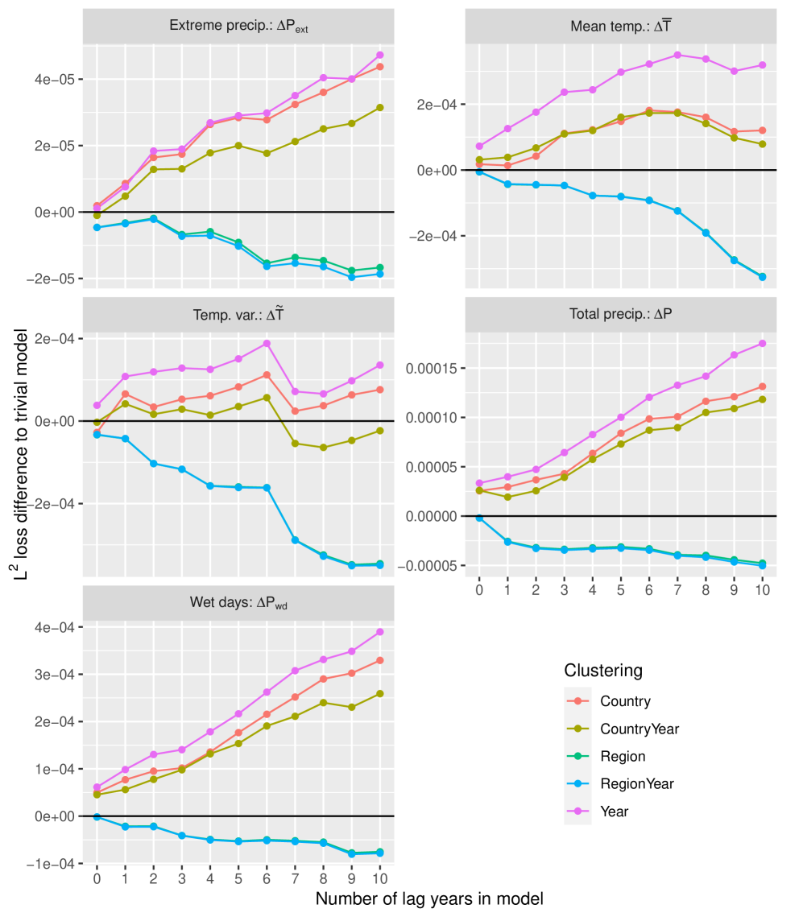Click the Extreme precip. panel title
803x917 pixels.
click(x=239, y=26)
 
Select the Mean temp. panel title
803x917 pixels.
click(x=621, y=26)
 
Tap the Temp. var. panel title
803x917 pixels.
click(x=239, y=315)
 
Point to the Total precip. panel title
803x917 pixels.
click(x=621, y=315)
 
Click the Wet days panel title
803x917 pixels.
click(x=239, y=603)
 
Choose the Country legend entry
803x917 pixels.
click(x=625, y=701)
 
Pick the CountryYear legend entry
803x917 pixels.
click(x=640, y=729)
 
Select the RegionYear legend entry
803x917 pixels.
click(x=637, y=783)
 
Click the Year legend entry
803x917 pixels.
click(x=615, y=812)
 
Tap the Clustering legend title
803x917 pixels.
click(x=603, y=671)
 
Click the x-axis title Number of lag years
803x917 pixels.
click(x=429, y=898)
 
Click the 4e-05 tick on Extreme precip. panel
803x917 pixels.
click(x=59, y=80)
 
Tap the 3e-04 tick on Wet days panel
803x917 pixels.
click(x=59, y=675)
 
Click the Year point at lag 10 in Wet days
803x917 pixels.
click(x=379, y=632)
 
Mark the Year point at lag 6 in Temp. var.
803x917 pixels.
click(x=266, y=344)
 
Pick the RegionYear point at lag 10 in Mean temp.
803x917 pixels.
click(x=762, y=277)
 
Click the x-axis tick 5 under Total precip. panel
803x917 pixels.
click(x=620, y=590)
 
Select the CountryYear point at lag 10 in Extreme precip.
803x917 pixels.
click(x=379, y=108)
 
